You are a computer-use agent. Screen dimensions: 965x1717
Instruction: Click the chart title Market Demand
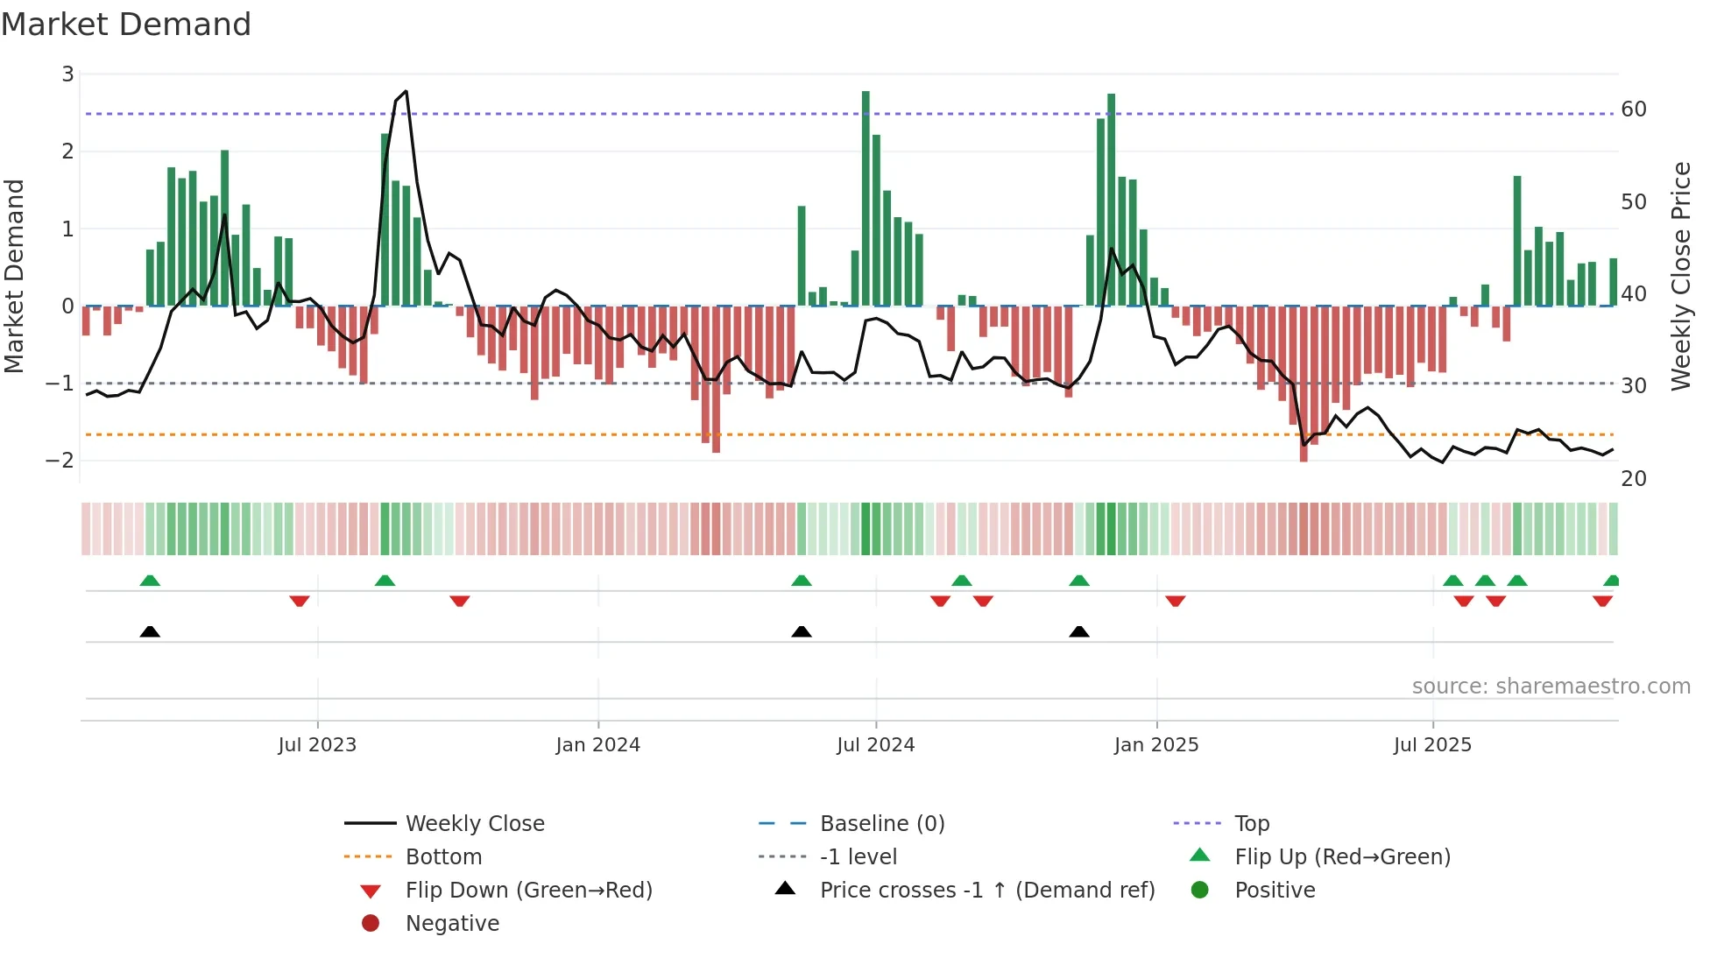click(126, 25)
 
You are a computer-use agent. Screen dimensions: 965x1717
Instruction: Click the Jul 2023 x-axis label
click(317, 745)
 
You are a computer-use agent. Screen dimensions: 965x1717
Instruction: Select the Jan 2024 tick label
click(597, 745)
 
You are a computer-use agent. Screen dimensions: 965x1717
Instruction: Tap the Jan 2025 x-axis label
click(1155, 745)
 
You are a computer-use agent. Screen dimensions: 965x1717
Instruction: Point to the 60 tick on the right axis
click(1633, 109)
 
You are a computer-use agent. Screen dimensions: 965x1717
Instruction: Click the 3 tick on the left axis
click(67, 74)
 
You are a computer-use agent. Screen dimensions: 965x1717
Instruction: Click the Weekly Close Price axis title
click(1680, 276)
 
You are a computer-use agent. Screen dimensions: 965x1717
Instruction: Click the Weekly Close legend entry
click(474, 824)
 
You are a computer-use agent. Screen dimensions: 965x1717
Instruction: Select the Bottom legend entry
click(443, 857)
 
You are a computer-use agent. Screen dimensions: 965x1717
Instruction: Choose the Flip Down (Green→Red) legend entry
click(528, 891)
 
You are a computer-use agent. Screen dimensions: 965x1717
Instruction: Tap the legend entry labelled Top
click(1251, 824)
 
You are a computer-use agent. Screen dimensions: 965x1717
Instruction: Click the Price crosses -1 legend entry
click(986, 891)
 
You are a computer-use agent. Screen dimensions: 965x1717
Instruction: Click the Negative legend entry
click(452, 924)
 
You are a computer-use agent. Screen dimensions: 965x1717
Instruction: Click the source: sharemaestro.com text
click(1551, 687)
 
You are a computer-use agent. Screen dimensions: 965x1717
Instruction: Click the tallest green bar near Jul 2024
click(866, 197)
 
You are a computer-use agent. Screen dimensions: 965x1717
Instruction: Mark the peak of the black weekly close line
click(406, 92)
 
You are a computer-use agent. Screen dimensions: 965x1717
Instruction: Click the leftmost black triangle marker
click(150, 632)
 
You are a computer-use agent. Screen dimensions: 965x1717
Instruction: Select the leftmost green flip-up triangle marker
click(150, 581)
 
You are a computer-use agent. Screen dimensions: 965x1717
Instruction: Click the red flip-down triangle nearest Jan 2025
click(1176, 601)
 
